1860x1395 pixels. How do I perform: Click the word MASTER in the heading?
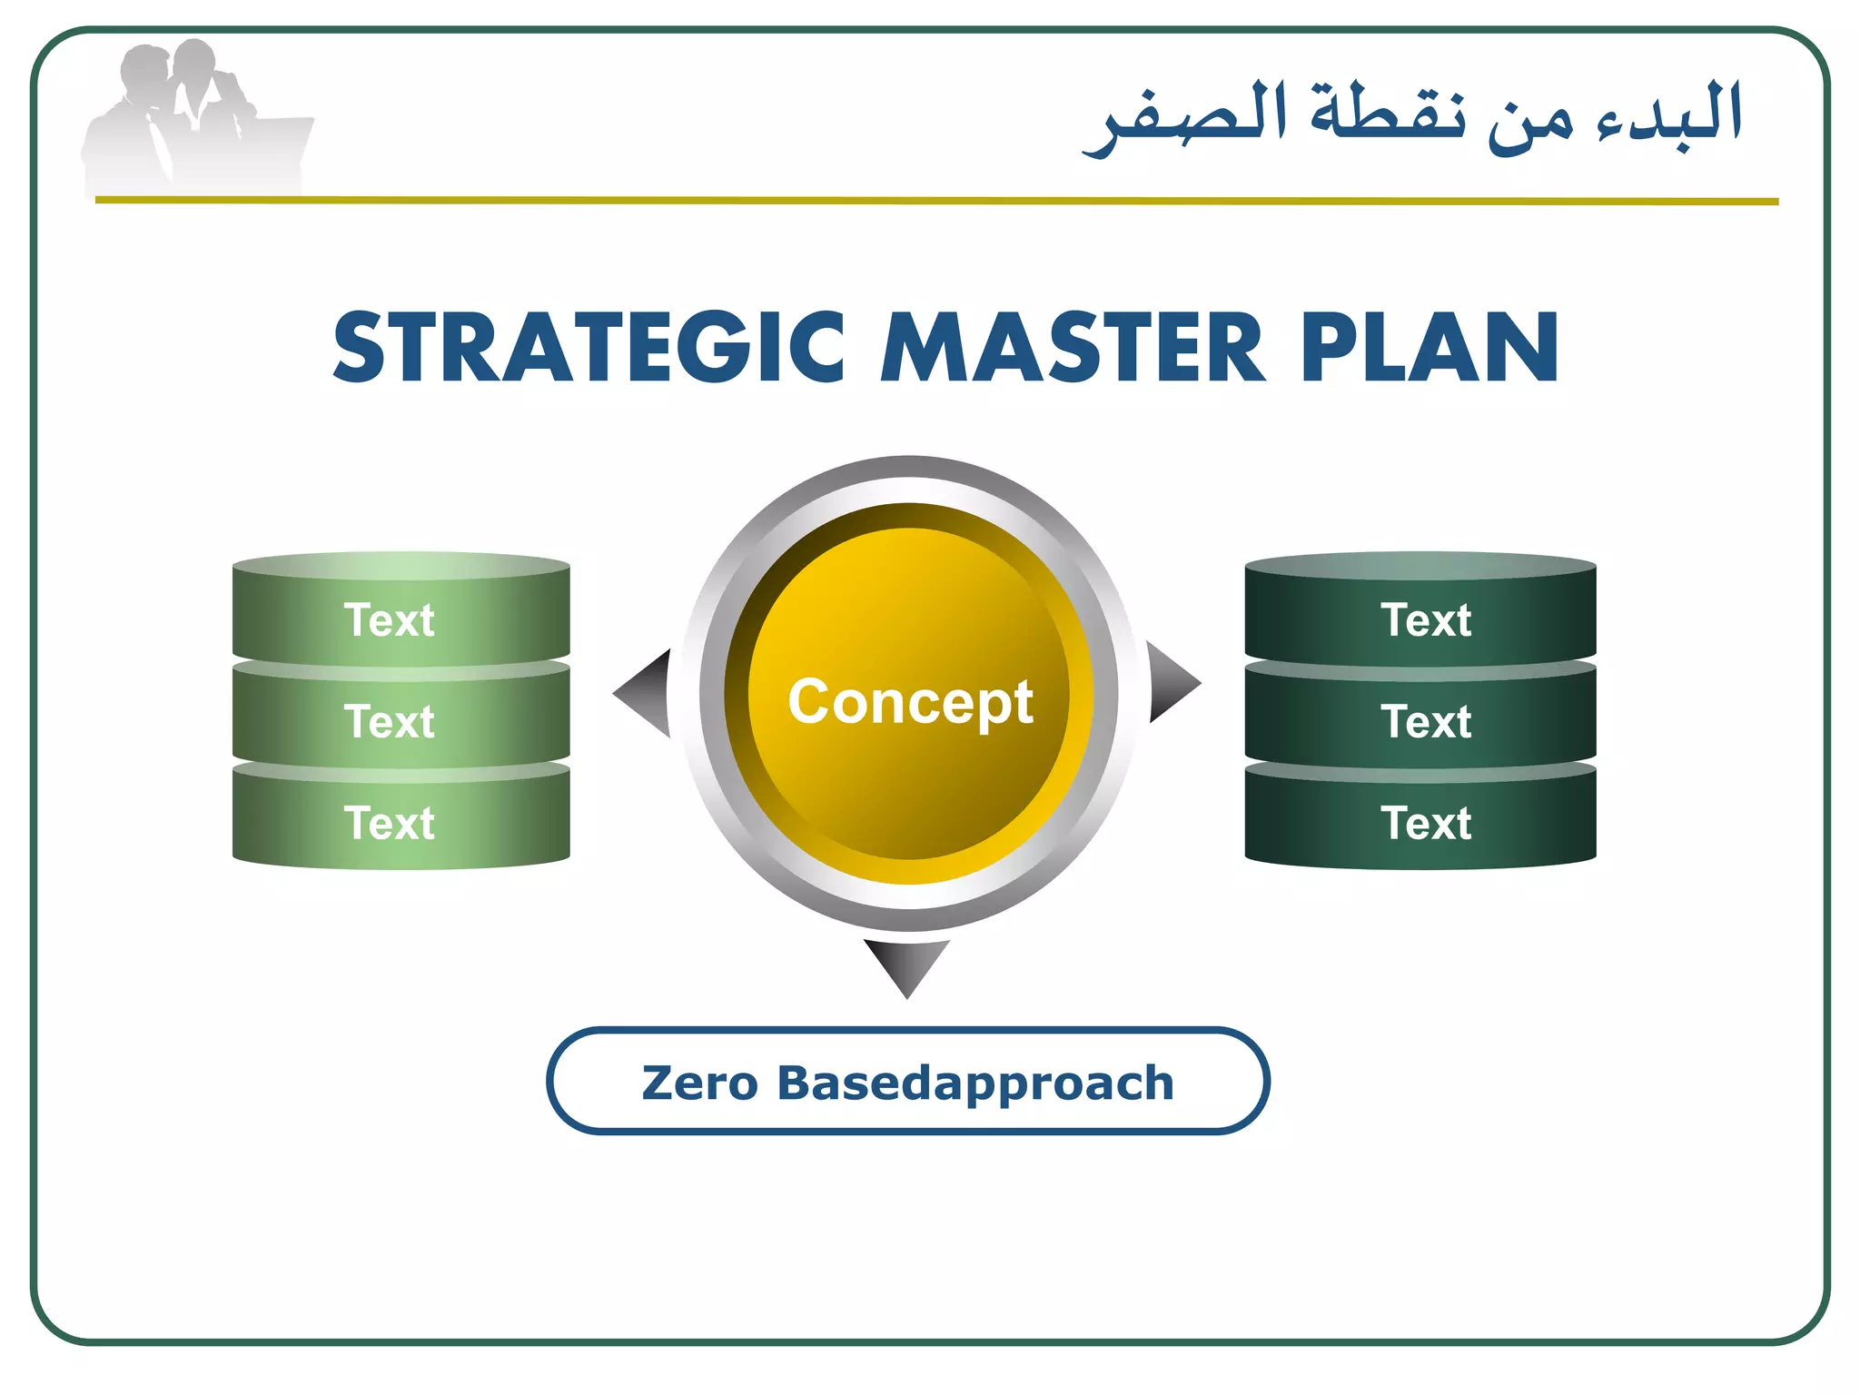(1073, 348)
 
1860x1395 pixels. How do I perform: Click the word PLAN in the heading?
(1430, 348)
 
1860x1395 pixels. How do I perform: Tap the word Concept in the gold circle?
(910, 702)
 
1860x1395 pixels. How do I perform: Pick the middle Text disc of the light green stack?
(401, 721)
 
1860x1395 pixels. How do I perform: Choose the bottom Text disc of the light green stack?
(401, 823)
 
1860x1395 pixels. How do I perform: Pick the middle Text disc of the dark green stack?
(1420, 721)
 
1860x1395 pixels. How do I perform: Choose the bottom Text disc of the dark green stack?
(1420, 823)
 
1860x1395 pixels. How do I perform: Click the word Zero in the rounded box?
(699, 1083)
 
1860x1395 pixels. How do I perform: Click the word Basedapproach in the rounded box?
(975, 1083)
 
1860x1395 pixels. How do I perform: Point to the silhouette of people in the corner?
(195, 118)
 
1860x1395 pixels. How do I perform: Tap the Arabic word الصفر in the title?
(1185, 118)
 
